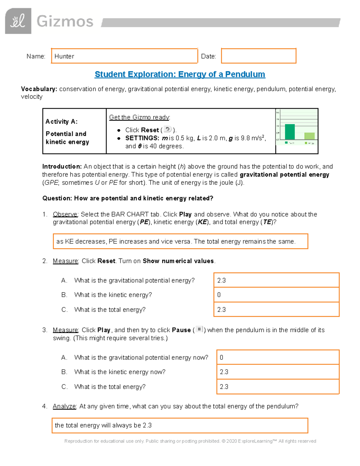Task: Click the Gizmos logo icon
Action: pyautogui.click(x=18, y=21)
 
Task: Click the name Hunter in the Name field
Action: pyautogui.click(x=64, y=56)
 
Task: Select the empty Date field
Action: pyautogui.click(x=259, y=56)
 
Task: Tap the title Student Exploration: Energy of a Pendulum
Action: pyautogui.click(x=180, y=74)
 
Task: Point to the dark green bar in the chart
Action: pyautogui.click(x=290, y=132)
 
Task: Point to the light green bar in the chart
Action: pyautogui.click(x=310, y=136)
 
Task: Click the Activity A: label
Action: pyautogui.click(x=61, y=122)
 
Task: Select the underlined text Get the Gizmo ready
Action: pyautogui.click(x=139, y=117)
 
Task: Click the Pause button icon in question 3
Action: pyautogui.click(x=199, y=329)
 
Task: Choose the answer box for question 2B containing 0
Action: pyautogui.click(x=276, y=295)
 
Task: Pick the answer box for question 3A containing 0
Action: pyautogui.click(x=277, y=357)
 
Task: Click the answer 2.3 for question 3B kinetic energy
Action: pyautogui.click(x=224, y=372)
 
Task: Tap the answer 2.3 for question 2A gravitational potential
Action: pyautogui.click(x=221, y=280)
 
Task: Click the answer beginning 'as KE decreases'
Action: pyautogui.click(x=176, y=242)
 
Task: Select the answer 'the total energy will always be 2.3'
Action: pyautogui.click(x=103, y=425)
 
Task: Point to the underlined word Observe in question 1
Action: pyautogui.click(x=65, y=214)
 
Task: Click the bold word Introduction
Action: pyautogui.click(x=62, y=167)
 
